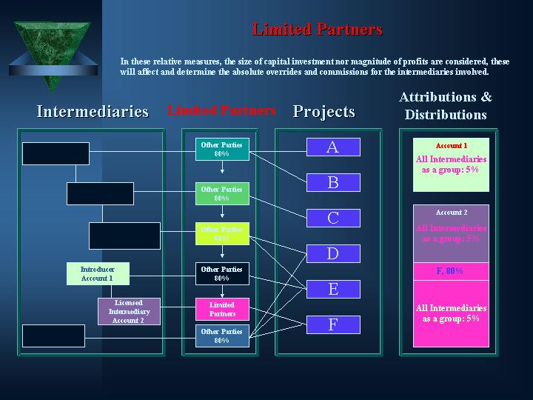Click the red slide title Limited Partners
(x=317, y=30)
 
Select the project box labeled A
(x=333, y=147)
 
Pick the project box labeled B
(x=333, y=182)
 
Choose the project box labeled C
(x=333, y=218)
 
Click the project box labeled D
(x=333, y=253)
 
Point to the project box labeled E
(x=333, y=289)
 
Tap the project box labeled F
(x=333, y=324)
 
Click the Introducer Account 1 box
(x=97, y=274)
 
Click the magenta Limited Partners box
(x=222, y=310)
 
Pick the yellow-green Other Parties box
(x=222, y=234)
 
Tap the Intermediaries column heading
(x=93, y=112)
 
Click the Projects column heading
(x=324, y=112)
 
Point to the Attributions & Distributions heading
(x=446, y=106)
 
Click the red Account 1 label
(x=452, y=145)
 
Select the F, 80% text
(x=451, y=271)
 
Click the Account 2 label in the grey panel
(x=452, y=213)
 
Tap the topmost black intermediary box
(x=56, y=153)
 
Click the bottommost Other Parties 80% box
(x=222, y=336)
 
